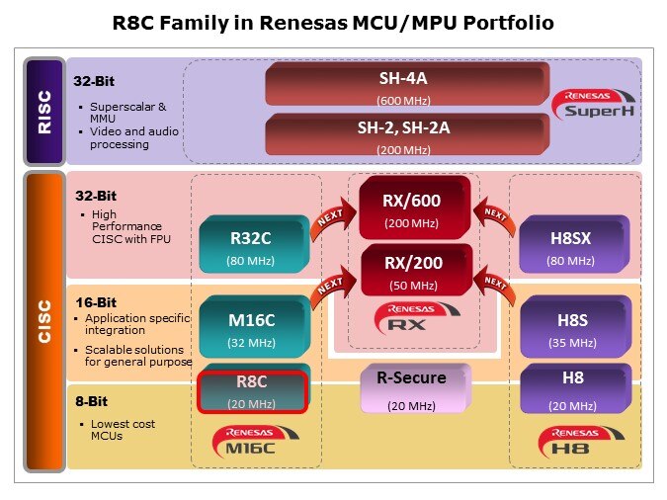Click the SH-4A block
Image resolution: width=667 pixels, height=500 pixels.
click(x=404, y=84)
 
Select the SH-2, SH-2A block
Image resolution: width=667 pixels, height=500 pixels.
click(x=404, y=133)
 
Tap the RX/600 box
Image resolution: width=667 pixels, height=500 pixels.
click(x=413, y=208)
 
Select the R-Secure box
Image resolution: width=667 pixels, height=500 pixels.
click(x=412, y=386)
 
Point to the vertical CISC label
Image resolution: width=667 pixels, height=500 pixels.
click(x=43, y=321)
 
